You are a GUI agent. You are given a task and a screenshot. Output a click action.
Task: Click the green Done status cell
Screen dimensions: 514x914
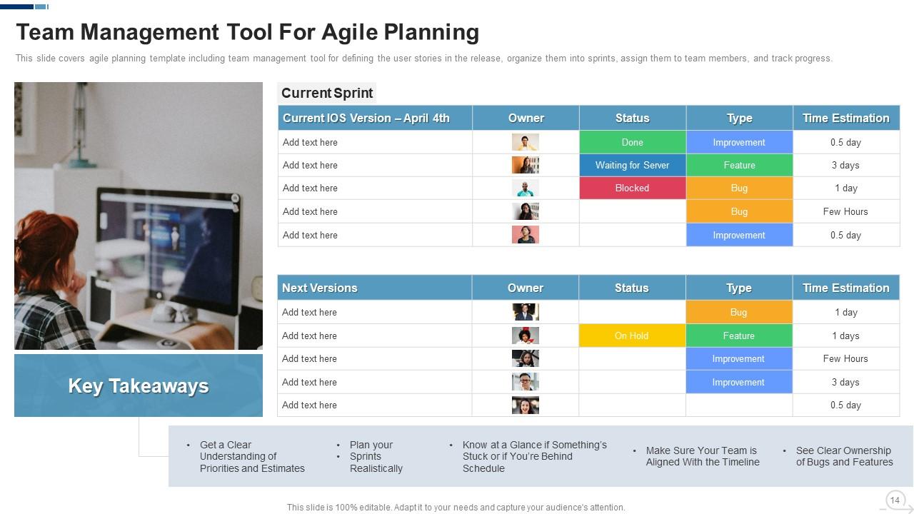pos(632,142)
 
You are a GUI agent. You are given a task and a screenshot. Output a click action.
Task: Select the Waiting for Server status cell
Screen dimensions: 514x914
pos(632,165)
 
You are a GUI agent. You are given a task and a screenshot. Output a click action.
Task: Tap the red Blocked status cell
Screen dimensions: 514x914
pos(632,188)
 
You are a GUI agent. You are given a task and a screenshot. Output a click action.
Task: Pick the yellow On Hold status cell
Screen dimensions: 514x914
pos(631,336)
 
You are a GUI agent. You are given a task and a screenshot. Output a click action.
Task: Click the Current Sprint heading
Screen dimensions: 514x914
pos(326,93)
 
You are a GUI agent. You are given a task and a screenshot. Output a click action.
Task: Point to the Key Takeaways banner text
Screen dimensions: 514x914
pos(139,385)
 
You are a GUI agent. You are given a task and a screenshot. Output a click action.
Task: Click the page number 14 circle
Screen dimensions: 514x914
pos(894,500)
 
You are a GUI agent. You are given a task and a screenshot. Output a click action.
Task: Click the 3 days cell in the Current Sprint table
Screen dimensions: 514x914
pos(845,165)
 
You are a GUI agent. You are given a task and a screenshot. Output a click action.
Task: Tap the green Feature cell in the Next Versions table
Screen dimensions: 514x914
pos(738,336)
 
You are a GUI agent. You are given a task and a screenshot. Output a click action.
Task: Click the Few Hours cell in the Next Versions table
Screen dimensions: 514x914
pos(845,358)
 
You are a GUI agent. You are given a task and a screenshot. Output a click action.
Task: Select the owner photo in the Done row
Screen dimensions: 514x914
pos(525,142)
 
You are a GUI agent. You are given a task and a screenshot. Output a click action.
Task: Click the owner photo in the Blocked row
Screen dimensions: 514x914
pos(525,188)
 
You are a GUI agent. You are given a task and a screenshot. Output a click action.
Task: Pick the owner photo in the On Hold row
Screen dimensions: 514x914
pos(525,336)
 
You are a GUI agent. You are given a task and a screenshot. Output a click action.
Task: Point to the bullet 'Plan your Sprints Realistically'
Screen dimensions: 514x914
pos(376,457)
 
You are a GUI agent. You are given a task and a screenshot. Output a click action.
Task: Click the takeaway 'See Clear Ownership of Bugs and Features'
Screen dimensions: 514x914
pos(843,456)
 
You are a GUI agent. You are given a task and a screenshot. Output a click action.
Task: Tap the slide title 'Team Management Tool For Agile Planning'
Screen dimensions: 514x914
pos(247,32)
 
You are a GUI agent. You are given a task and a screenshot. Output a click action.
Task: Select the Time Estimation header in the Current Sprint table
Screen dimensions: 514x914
pos(845,118)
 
